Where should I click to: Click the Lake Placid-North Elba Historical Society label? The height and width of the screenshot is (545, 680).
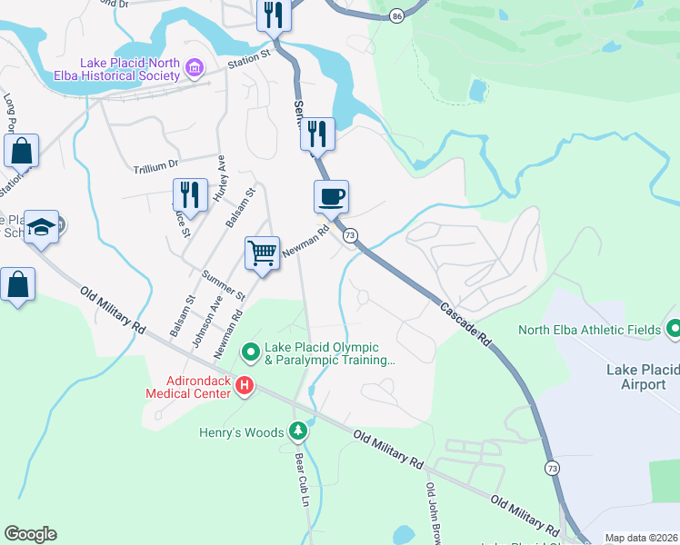130,69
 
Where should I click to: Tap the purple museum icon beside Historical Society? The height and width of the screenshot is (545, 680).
193,66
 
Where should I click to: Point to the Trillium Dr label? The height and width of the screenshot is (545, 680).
155,167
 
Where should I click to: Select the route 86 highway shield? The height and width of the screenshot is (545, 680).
396,16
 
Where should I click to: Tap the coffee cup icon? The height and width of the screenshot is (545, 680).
331,196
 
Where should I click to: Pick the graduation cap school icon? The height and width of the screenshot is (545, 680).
41,226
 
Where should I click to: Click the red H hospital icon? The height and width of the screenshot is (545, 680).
244,387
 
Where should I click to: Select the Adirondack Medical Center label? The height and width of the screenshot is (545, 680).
191,387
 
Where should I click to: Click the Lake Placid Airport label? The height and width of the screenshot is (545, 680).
643,377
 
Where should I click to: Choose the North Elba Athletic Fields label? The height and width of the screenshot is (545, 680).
588,330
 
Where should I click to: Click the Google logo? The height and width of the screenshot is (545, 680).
30,534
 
